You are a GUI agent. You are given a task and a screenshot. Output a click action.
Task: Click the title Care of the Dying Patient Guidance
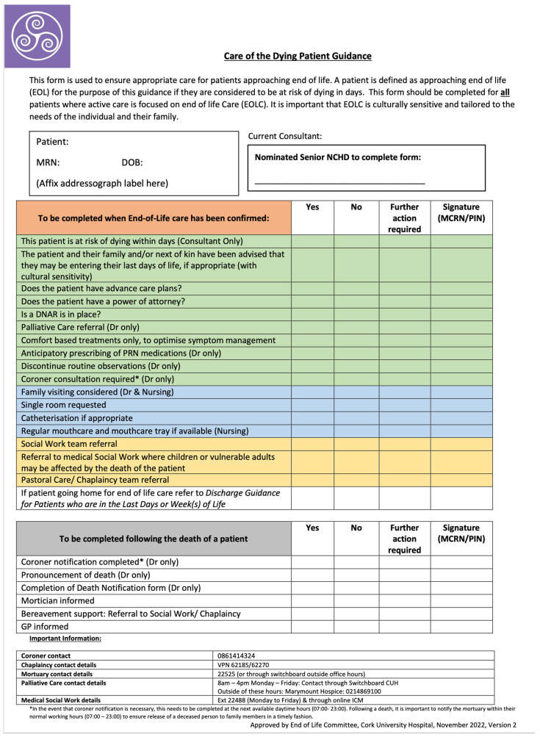point(298,56)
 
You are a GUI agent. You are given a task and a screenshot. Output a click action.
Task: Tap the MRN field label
point(48,162)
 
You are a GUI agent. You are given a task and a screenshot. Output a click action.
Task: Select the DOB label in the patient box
point(132,162)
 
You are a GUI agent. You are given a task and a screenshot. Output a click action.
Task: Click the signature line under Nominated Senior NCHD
point(339,181)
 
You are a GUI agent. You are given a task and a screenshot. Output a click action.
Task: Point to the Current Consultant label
point(285,136)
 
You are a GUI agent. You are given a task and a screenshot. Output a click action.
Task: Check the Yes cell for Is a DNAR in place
point(312,314)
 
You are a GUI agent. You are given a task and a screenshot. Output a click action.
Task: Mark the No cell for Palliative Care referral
point(356,327)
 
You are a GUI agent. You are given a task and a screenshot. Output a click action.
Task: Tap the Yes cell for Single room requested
point(312,405)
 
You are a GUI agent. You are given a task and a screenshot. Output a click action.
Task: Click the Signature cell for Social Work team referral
point(461,444)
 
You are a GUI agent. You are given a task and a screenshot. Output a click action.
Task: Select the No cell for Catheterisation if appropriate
point(356,417)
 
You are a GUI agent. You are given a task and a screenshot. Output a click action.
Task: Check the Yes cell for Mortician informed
point(312,600)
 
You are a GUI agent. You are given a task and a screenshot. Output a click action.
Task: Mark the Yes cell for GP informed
point(312,627)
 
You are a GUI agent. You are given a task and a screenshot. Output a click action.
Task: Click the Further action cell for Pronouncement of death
point(404,575)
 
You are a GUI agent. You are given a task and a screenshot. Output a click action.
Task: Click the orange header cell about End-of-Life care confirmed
point(154,217)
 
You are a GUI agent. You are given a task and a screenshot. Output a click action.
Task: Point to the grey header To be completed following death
point(154,539)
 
